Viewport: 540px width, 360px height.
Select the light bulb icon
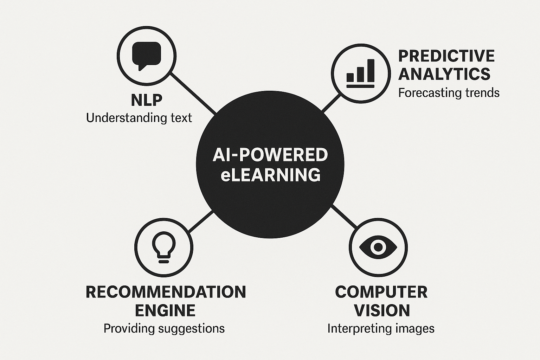click(x=163, y=247)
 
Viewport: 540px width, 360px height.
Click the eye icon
click(x=378, y=246)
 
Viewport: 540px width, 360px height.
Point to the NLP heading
click(x=147, y=100)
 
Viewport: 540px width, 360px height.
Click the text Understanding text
click(x=139, y=118)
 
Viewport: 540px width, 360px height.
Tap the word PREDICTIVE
click(x=446, y=56)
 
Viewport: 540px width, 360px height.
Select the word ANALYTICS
click(x=444, y=74)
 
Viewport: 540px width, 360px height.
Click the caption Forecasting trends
click(x=449, y=93)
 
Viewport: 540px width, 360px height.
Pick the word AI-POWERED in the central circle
click(x=270, y=155)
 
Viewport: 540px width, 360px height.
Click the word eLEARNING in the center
click(x=270, y=175)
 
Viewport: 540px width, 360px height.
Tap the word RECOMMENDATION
click(x=166, y=292)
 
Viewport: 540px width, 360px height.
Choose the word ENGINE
click(x=165, y=310)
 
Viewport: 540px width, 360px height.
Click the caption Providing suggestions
click(x=164, y=328)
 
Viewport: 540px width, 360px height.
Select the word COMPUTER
click(x=381, y=292)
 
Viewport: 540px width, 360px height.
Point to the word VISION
click(x=382, y=310)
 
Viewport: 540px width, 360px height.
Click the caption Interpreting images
click(x=381, y=328)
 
